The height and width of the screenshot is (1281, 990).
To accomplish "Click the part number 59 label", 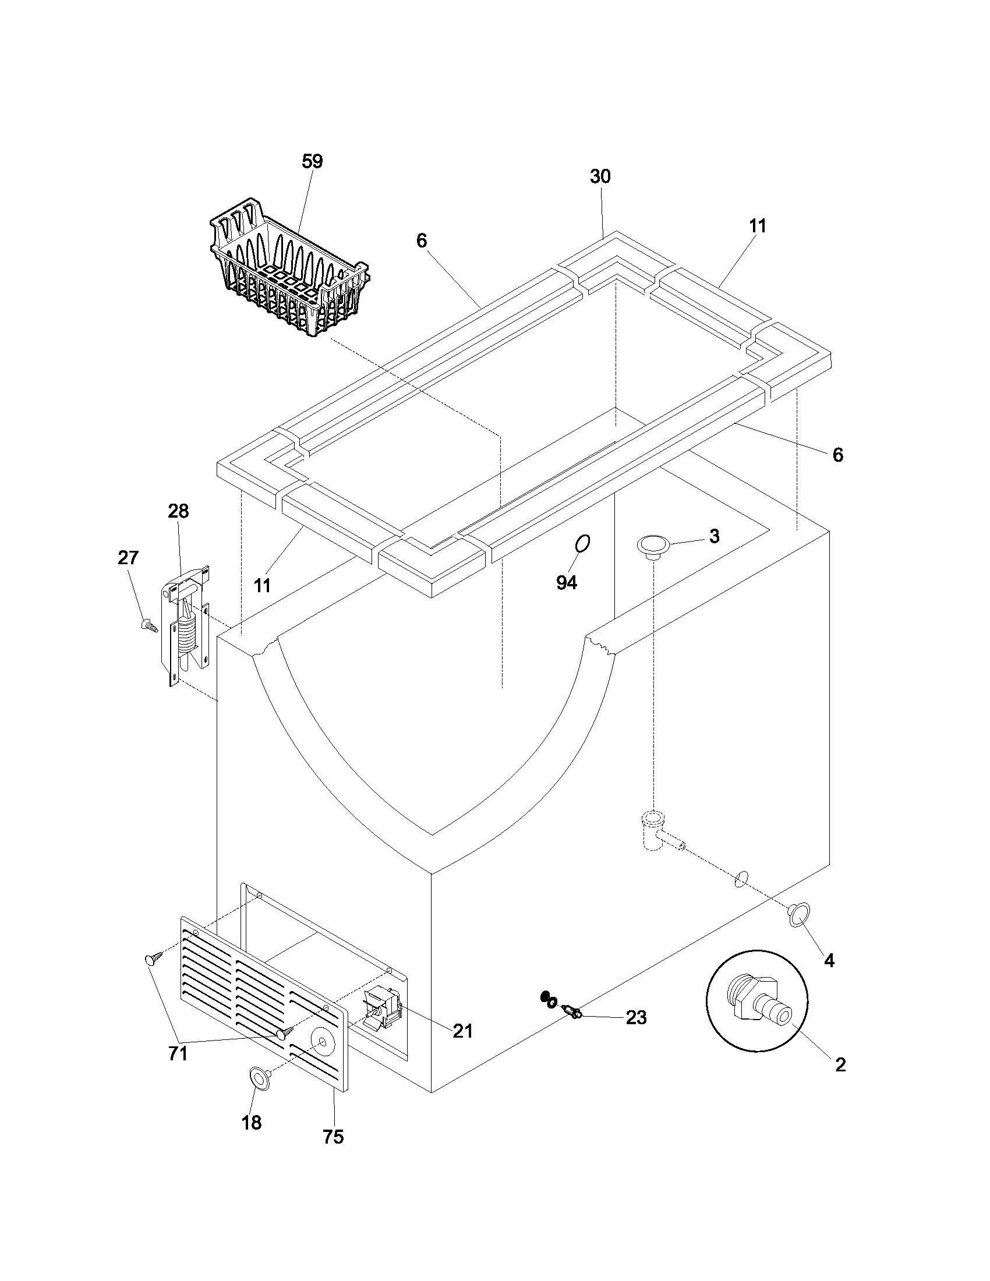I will point(312,162).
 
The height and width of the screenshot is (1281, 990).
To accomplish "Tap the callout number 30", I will point(600,176).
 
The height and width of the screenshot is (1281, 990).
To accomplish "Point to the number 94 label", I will point(567,582).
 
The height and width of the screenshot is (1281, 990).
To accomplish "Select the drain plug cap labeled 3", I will point(652,545).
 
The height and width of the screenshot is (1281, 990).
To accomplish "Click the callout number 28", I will point(178,511).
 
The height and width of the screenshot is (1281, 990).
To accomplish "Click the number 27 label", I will point(128,558).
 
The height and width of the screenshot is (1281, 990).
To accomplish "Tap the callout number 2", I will point(840,1065).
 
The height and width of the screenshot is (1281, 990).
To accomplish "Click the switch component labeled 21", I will point(381,1007).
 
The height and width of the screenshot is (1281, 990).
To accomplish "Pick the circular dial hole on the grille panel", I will point(322,1041).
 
